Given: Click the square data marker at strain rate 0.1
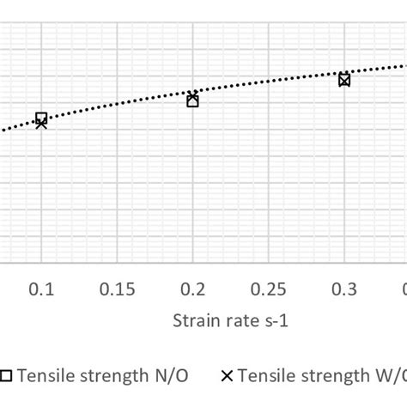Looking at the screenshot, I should (41, 118).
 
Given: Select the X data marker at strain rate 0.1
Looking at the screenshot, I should (41, 124).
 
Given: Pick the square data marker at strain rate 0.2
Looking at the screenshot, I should (192, 101).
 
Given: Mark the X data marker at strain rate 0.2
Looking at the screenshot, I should (192, 96).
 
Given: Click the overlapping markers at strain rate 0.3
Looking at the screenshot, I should (344, 80).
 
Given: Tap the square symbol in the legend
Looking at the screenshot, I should (7, 375).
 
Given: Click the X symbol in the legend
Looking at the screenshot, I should (228, 375).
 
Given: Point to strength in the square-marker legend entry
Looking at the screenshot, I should (116, 375).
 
